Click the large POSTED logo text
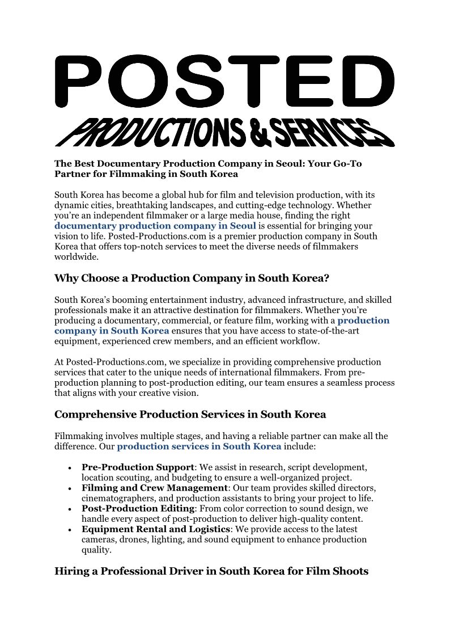pos(224,82)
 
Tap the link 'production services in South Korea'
pos(199,446)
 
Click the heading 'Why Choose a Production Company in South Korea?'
pos(192,279)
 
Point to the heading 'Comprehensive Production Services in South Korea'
pos(190,415)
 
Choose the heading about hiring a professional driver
pos(211,571)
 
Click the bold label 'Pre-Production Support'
pos(138,467)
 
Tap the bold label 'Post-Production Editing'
pos(138,508)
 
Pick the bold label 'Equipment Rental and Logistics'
pos(156,529)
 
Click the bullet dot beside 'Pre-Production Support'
pos(69,468)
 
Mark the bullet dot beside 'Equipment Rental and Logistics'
pos(69,530)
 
